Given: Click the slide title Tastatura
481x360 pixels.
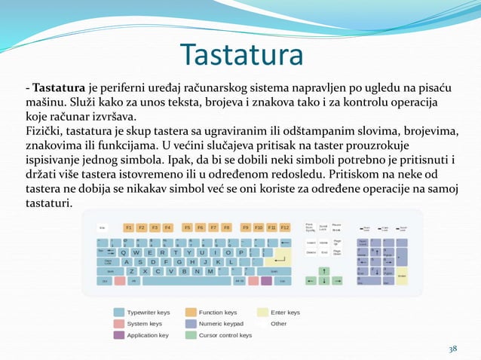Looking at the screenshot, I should pos(241,55).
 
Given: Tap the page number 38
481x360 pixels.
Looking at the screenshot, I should pos(452,349).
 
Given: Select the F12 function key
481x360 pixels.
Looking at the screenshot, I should pos(285,227).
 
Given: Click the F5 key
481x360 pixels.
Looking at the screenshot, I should pos(188,227).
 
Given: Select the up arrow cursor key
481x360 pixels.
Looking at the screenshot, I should pos(324,271).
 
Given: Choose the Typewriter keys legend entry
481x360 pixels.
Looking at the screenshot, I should pos(149,313).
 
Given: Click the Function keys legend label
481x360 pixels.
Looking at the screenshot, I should pos(218,313).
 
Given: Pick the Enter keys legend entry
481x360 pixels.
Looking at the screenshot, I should pos(285,313).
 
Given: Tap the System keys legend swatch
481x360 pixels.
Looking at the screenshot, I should pos(119,324).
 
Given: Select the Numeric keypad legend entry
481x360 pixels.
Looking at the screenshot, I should pos(221,324).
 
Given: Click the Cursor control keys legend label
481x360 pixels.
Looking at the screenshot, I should pos(225,335).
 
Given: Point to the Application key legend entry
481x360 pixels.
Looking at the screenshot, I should pos(148,335).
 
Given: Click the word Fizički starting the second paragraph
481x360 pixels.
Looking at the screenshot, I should pos(44,131).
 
